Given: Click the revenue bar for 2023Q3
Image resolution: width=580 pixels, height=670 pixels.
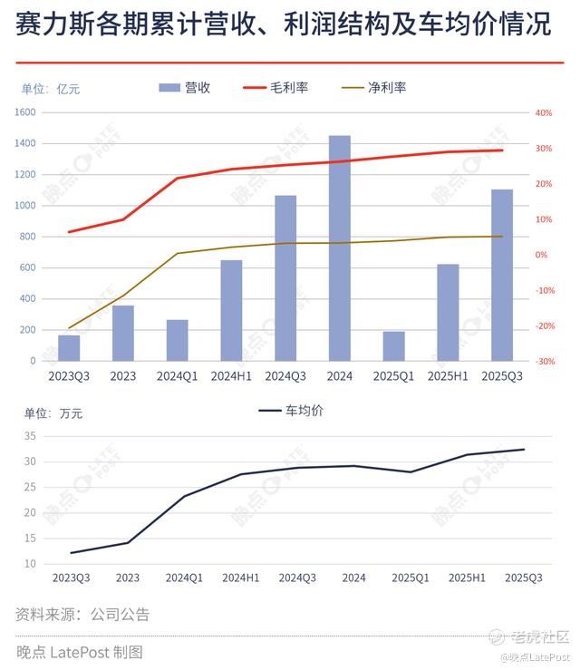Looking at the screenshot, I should pyautogui.click(x=69, y=347).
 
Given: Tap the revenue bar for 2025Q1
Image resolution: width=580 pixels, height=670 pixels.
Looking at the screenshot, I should pyautogui.click(x=394, y=345).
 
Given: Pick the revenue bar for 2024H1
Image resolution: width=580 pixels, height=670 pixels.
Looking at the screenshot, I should pyautogui.click(x=231, y=310).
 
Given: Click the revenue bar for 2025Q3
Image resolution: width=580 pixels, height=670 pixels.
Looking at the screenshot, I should pyautogui.click(x=502, y=275).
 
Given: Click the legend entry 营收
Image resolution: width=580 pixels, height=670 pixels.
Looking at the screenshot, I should pyautogui.click(x=185, y=88).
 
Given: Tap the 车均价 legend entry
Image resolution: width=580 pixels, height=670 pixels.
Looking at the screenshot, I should pyautogui.click(x=291, y=411).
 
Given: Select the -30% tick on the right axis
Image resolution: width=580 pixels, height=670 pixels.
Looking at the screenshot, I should pyautogui.click(x=545, y=361).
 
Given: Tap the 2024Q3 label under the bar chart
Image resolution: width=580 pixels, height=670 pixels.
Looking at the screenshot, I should pyautogui.click(x=285, y=375).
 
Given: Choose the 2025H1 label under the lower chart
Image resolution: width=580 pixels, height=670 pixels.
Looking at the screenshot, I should pyautogui.click(x=468, y=578).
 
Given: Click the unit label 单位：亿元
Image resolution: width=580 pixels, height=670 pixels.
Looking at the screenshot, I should pyautogui.click(x=51, y=89).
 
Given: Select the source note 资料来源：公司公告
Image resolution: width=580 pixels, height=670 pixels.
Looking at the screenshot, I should pyautogui.click(x=82, y=615).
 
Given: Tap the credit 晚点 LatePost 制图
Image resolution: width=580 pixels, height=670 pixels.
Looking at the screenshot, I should pyautogui.click(x=80, y=652).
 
